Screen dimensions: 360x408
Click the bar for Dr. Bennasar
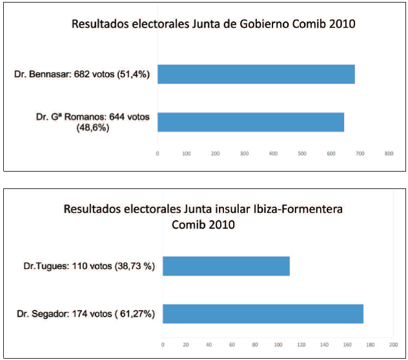point(256,74)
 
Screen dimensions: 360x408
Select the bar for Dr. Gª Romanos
point(250,122)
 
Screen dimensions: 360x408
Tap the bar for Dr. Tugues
point(226,266)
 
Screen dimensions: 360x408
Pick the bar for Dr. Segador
point(263,314)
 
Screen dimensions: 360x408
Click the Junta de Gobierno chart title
point(214,25)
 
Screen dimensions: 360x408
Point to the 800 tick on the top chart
point(389,154)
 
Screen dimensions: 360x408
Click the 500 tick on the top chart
point(302,154)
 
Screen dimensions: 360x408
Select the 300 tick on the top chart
point(244,154)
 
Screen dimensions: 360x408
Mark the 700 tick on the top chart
point(360,154)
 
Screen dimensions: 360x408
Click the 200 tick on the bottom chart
point(394,344)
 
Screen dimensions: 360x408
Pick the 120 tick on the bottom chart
point(301,344)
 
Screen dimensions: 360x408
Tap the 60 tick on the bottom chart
point(232,344)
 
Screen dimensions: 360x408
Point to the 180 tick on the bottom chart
point(371,344)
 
